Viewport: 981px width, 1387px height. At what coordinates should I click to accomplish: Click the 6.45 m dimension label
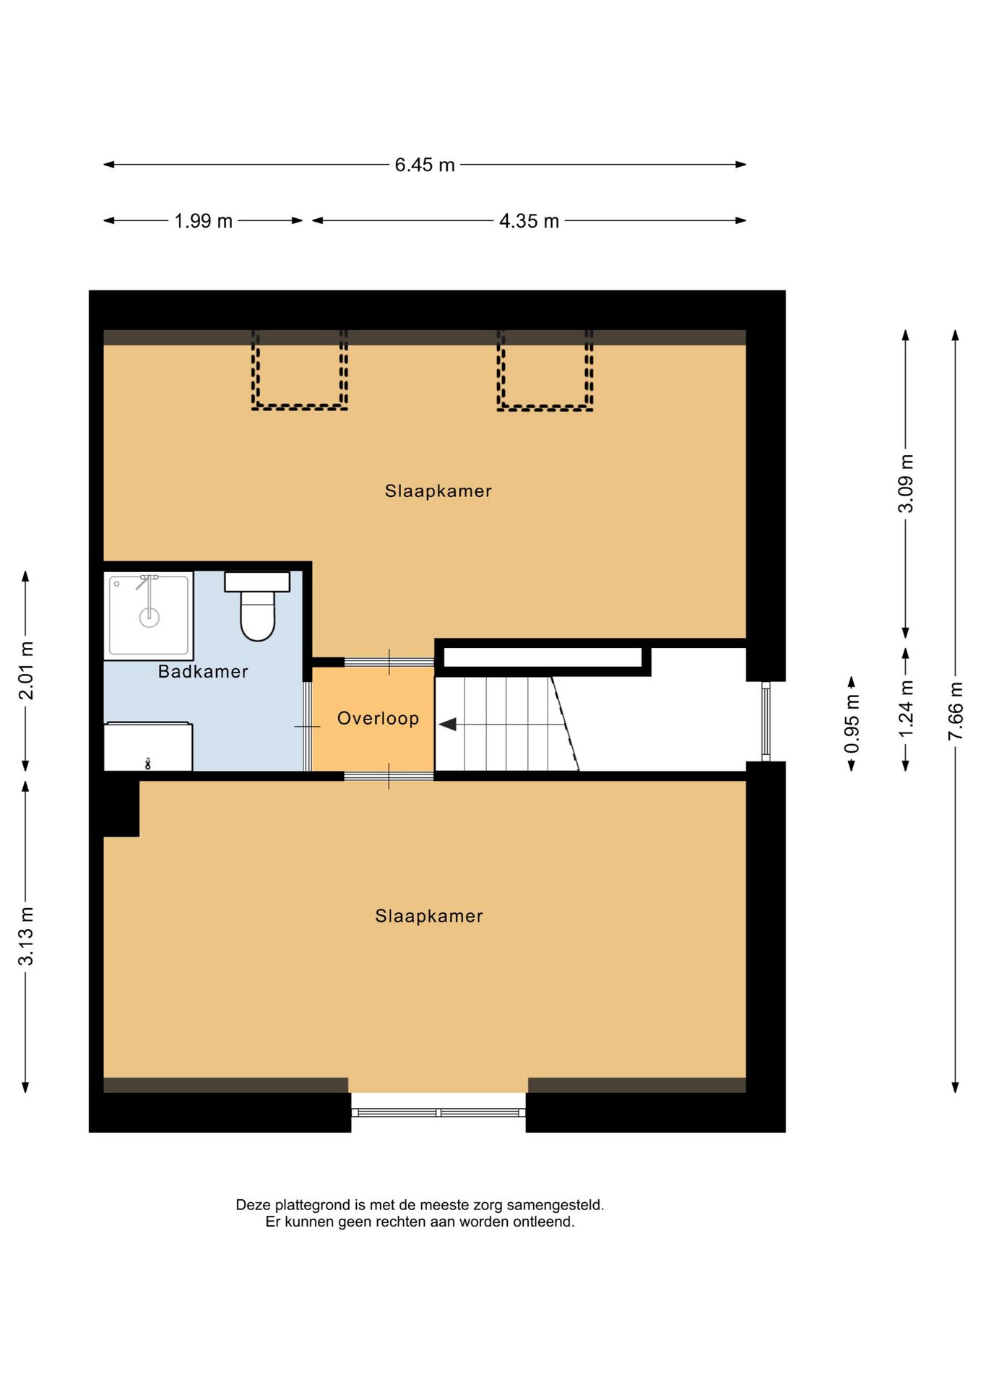424,165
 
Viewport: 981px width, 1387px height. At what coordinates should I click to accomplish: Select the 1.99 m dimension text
203,221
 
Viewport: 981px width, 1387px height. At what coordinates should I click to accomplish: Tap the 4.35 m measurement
529,221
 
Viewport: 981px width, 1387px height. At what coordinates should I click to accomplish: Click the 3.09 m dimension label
905,483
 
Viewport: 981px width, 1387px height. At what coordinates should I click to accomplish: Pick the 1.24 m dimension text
905,709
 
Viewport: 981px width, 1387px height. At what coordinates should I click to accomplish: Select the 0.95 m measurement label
852,723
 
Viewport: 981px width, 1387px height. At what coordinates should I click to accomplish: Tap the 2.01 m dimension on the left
26,670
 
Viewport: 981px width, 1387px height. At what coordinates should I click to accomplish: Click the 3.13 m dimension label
26,936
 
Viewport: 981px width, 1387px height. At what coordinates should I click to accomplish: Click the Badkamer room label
203,672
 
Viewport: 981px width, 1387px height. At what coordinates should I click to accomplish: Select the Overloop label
378,719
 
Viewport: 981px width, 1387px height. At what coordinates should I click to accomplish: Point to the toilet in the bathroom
257,607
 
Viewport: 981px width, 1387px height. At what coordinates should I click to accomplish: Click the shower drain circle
150,617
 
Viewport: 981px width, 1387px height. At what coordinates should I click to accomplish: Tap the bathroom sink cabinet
148,747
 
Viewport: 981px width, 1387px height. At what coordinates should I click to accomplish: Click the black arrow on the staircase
448,724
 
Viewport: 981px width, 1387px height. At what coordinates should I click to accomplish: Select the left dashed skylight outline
300,370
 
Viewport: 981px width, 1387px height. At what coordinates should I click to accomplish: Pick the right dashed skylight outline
545,370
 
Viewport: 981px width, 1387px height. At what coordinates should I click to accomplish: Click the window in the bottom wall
438,1112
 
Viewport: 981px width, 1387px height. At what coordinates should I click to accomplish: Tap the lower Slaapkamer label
428,916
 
